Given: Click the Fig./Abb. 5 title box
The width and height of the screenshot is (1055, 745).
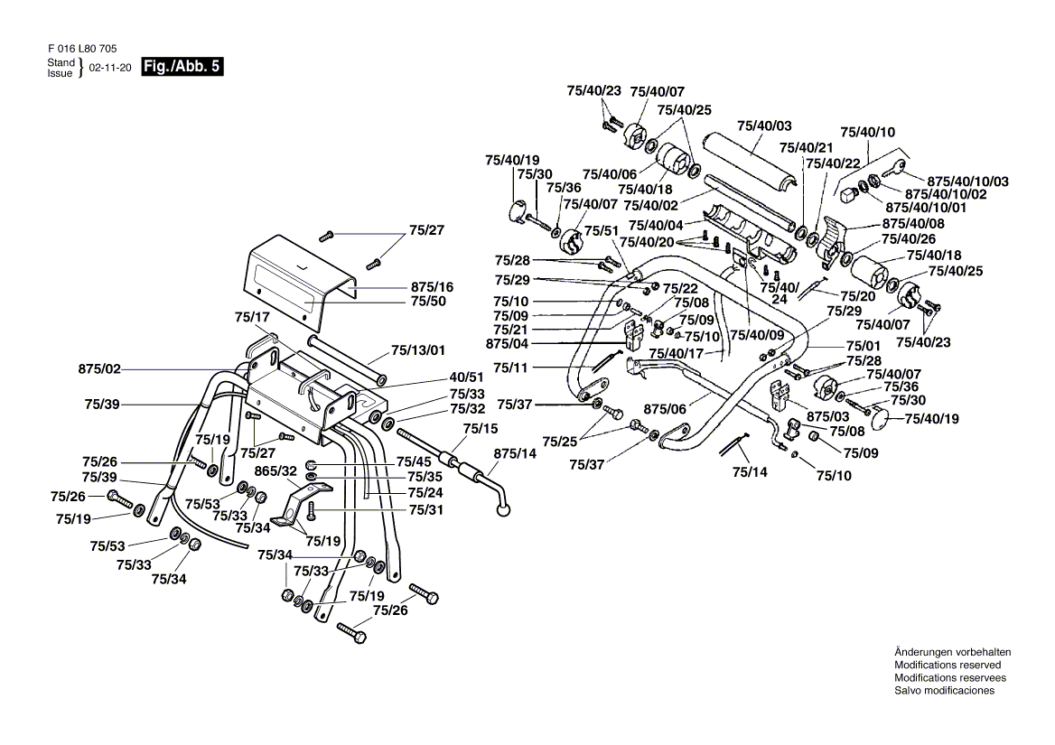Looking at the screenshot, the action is click(182, 67).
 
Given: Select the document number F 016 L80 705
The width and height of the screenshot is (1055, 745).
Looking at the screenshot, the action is click(82, 49).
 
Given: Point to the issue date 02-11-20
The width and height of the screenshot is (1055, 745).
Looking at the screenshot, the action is click(110, 68).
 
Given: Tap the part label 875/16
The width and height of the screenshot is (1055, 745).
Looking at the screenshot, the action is click(432, 286).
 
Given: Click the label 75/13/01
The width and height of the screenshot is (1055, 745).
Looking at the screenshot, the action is click(418, 350).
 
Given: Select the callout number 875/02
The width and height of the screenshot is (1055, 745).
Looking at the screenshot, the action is click(99, 369).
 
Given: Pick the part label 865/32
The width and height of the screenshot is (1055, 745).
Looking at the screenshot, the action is click(275, 471).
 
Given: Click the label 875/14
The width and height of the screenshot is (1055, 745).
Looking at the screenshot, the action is click(515, 453).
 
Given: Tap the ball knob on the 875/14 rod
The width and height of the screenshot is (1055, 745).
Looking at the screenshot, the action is click(502, 511).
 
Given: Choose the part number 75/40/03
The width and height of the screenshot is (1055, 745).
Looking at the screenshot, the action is click(764, 126).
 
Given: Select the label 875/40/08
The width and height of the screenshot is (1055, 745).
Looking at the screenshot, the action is click(913, 224).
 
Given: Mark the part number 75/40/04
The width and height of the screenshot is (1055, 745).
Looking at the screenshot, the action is click(656, 225).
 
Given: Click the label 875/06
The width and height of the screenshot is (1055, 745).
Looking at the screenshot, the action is click(665, 409).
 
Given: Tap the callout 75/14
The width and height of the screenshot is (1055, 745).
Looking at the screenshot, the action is click(750, 472).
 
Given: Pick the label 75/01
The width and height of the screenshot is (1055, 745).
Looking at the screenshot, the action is click(864, 346).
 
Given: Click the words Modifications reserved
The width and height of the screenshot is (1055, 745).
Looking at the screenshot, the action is click(948, 665).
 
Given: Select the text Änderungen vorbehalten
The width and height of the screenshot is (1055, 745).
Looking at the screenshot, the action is click(952, 652).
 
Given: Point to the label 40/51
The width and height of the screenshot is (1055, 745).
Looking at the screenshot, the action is click(466, 377).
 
